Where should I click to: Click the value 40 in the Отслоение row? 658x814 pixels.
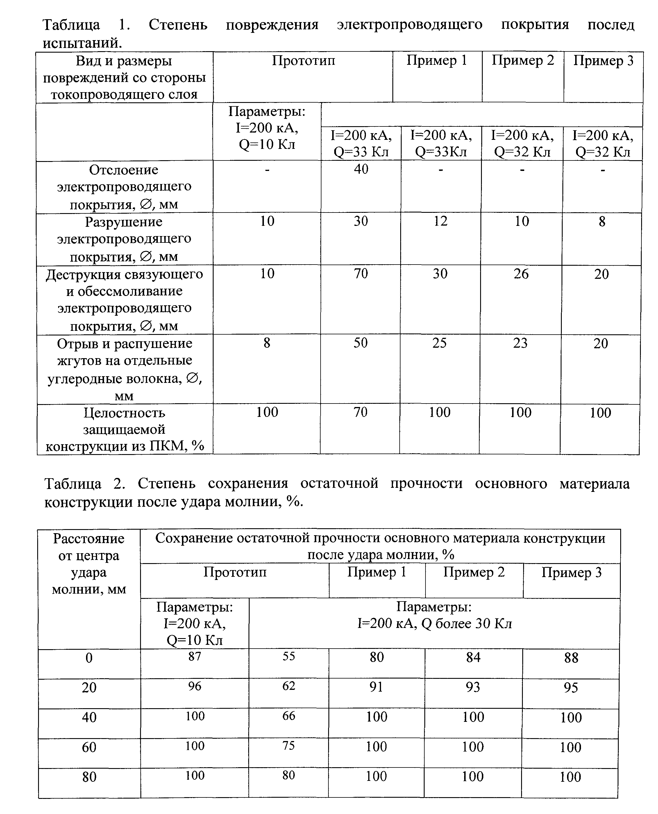[x=361, y=169]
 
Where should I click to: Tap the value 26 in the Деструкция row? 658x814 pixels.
[x=521, y=274]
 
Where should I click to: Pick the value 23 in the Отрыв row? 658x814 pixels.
[x=521, y=343]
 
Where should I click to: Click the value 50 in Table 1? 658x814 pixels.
[x=360, y=343]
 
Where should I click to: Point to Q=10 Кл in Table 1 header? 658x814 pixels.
[x=267, y=144]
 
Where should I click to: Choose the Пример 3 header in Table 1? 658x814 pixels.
[x=603, y=61]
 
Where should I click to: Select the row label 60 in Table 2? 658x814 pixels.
[x=89, y=747]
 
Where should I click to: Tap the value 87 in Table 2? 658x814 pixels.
[x=194, y=656]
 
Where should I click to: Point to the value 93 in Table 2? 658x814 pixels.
[x=473, y=687]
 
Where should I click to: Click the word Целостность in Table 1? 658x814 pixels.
[x=124, y=413]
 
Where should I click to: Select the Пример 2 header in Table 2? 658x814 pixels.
[x=474, y=572]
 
